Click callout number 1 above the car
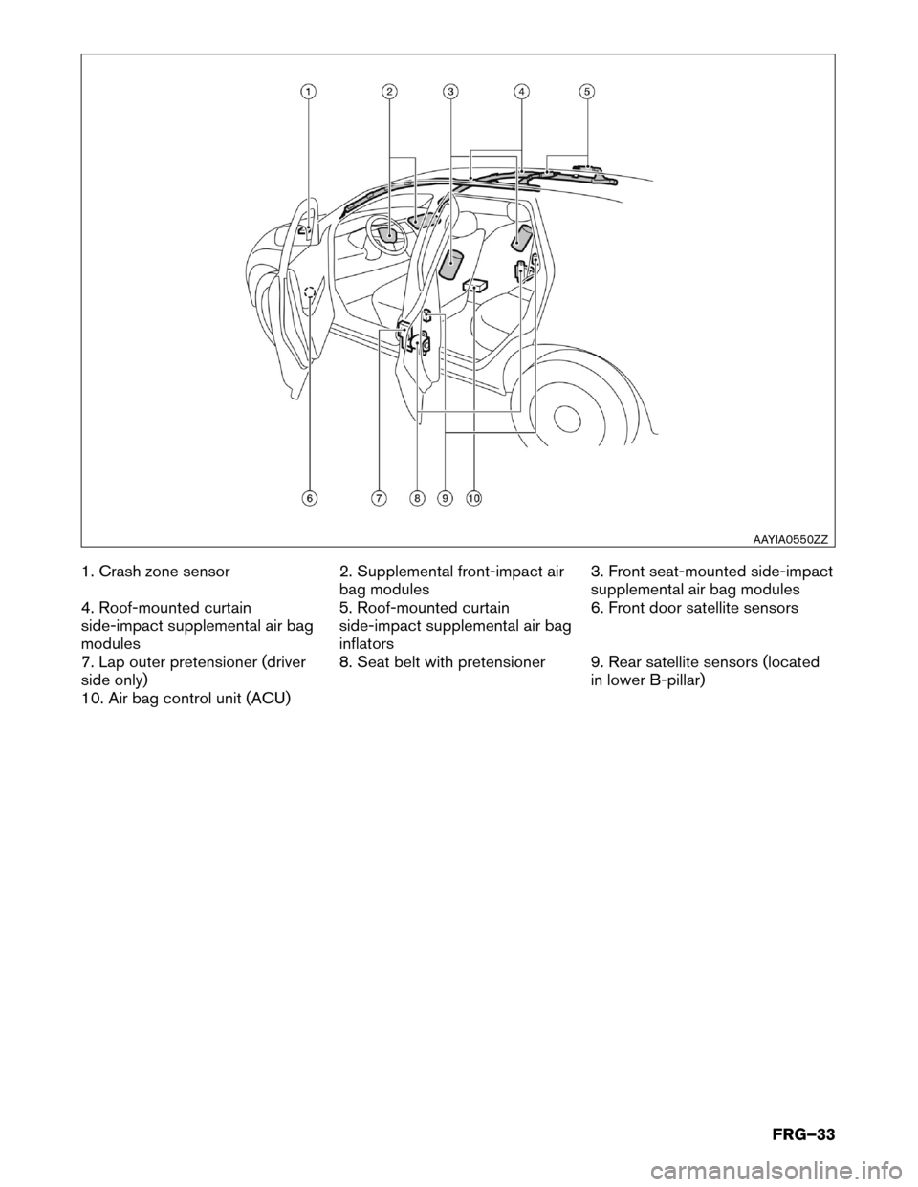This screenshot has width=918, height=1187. (307, 91)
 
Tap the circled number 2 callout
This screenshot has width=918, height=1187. (389, 91)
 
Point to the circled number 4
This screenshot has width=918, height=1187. (521, 91)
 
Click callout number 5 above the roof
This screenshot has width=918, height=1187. (586, 91)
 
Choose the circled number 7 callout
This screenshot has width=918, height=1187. (380, 498)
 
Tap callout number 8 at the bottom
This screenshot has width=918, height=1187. (417, 498)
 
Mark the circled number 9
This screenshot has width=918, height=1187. (445, 498)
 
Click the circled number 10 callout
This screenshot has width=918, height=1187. (474, 498)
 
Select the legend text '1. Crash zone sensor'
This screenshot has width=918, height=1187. (154, 572)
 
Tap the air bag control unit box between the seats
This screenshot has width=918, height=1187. (474, 285)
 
